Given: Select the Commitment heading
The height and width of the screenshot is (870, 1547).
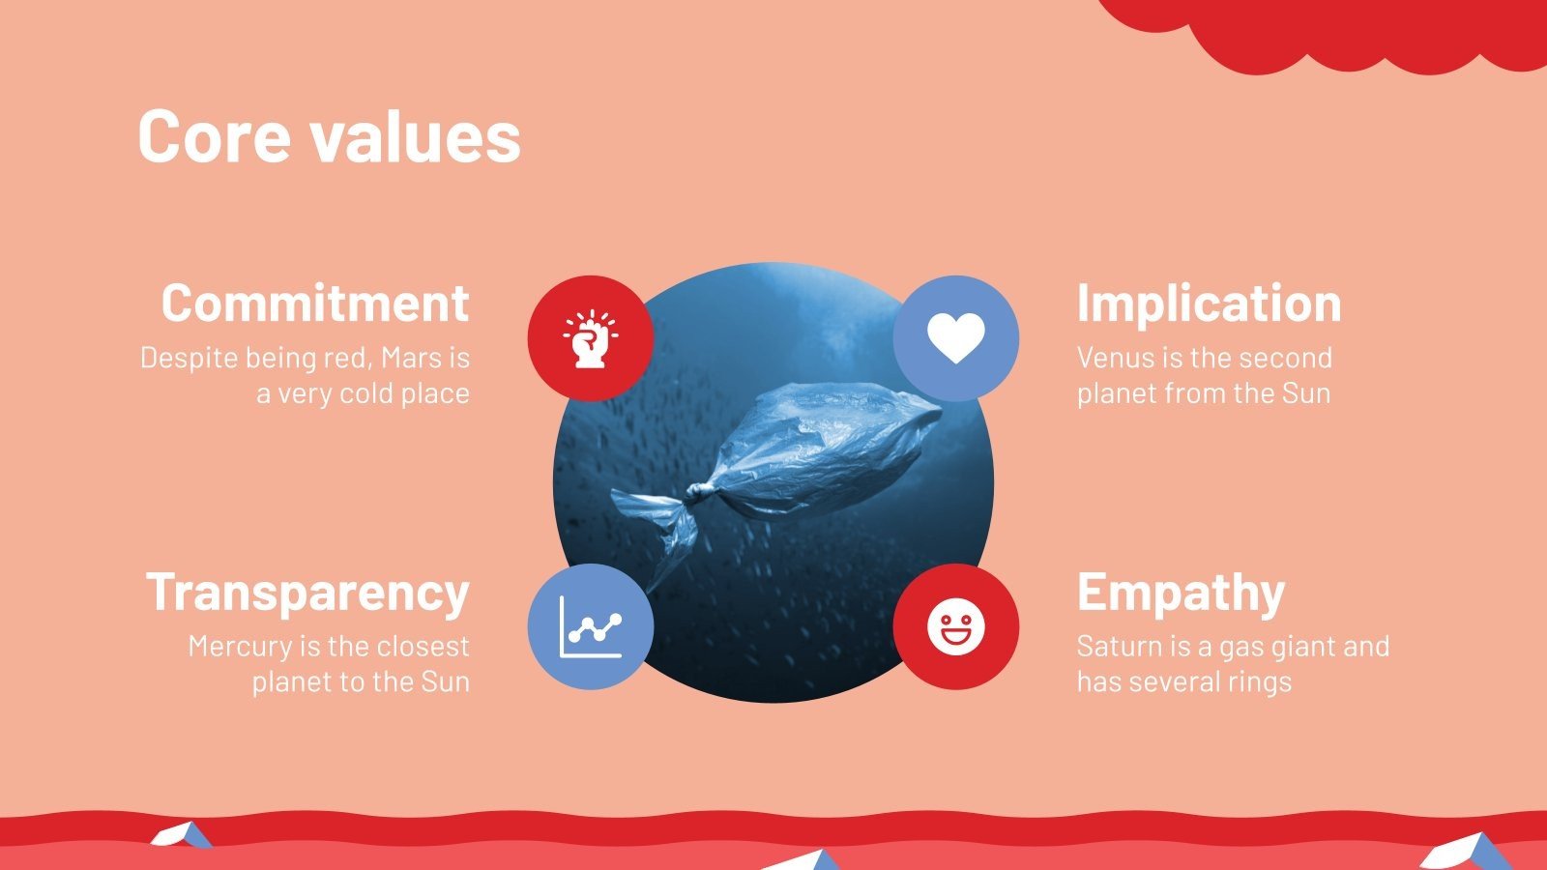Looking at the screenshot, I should [x=315, y=303].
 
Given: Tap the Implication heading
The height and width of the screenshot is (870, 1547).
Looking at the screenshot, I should [x=1209, y=303].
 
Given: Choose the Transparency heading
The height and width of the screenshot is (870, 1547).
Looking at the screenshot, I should [x=307, y=592].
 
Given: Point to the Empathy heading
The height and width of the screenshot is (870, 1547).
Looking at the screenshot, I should [x=1181, y=592].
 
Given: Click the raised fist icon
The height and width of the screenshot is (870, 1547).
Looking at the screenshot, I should [x=590, y=338].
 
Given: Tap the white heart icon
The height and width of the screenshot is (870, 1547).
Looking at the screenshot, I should [x=955, y=338].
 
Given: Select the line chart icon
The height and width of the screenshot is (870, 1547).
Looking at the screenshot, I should [x=590, y=626].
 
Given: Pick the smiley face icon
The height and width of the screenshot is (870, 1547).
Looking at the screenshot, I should [x=955, y=626].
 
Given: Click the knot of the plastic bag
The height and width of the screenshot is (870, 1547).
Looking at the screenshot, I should [x=696, y=494].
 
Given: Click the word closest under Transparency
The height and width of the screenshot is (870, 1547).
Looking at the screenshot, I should [x=423, y=646].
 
